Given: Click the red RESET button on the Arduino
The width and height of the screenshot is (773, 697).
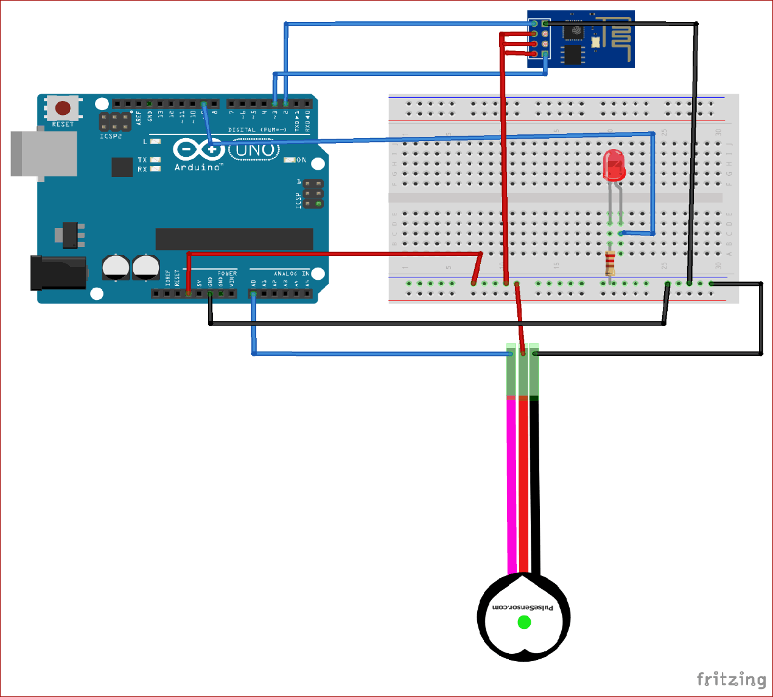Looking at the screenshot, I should (x=63, y=108).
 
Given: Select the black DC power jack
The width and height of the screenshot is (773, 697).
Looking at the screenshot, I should (x=58, y=272).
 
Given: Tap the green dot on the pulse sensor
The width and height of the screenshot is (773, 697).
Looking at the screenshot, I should (x=524, y=622).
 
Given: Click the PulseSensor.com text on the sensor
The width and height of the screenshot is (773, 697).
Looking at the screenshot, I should (x=523, y=607).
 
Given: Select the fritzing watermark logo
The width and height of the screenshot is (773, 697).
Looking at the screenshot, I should (x=731, y=679).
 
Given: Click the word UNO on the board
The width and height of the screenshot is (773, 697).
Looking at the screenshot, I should (x=254, y=150).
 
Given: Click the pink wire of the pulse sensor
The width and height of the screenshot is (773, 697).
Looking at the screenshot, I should (x=511, y=487).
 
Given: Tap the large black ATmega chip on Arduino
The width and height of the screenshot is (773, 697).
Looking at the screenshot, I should (x=234, y=239).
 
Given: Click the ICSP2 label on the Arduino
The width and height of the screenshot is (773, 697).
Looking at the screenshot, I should (x=111, y=136).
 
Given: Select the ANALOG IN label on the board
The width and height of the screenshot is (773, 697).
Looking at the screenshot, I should (x=291, y=274).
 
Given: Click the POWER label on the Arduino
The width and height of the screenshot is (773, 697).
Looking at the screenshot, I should (x=227, y=274).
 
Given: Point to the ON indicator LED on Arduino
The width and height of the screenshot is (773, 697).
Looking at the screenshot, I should (x=290, y=160).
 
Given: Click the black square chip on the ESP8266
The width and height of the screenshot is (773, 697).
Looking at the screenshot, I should (x=573, y=30).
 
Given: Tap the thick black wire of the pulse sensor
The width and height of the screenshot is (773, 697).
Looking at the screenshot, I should (x=534, y=487).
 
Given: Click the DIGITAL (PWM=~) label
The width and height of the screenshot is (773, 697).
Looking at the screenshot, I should (x=257, y=130).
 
